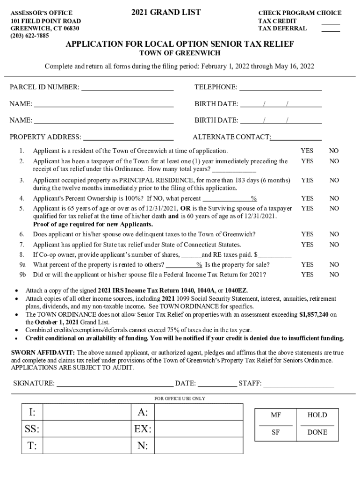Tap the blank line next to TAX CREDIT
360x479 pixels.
coord(331,23)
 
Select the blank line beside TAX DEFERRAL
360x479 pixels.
coord(331,30)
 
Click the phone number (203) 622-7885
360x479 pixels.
coord(29,36)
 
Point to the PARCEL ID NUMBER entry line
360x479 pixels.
coord(128,88)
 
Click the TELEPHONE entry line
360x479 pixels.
coord(281,88)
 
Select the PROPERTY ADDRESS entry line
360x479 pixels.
coord(128,138)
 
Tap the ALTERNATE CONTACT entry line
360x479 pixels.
coord(296,138)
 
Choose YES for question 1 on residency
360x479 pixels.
coord(307,151)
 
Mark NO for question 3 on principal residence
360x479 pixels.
coord(334,180)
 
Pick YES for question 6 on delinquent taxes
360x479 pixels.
coord(307,234)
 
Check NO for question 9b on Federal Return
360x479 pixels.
coord(334,275)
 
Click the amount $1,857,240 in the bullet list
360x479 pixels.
coord(314,315)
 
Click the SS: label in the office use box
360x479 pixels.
coord(32,429)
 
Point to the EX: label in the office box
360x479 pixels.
coord(143,429)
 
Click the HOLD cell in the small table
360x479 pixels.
coord(317,415)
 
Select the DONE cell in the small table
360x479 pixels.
coord(317,433)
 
